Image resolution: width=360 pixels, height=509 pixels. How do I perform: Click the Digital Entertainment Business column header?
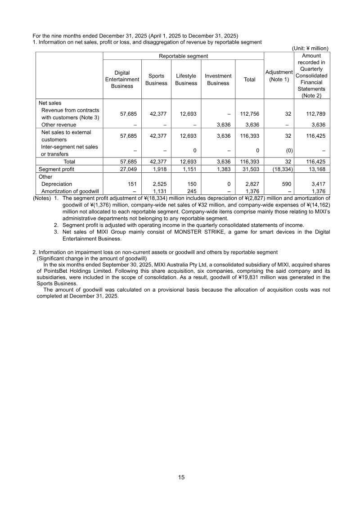(122, 79)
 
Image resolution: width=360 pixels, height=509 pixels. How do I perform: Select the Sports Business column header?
(156, 80)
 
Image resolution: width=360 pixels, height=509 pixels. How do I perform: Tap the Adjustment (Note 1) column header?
(279, 76)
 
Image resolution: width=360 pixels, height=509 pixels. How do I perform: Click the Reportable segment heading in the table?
(183, 56)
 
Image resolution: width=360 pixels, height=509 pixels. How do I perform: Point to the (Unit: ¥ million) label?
(310, 48)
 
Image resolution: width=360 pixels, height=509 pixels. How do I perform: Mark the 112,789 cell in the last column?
(315, 114)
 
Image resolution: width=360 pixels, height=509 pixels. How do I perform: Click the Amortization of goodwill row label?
(70, 191)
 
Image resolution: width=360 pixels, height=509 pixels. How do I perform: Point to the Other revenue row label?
(58, 125)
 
